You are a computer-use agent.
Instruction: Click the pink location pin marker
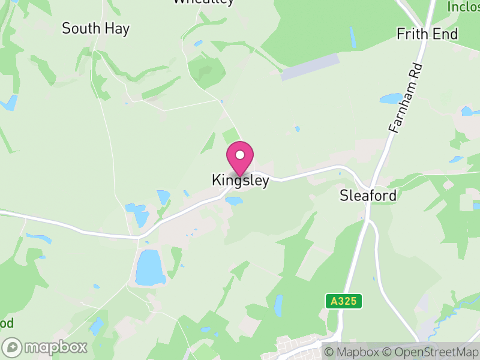point(240,158)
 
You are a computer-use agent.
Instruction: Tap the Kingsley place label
point(240,180)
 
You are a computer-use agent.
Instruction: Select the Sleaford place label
point(368,195)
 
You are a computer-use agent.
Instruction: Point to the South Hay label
point(96,28)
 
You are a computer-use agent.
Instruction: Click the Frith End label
point(427,34)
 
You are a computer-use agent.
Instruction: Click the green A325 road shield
point(345,301)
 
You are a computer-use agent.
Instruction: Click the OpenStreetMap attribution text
point(431,352)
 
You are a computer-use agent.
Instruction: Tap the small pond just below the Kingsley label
point(233,201)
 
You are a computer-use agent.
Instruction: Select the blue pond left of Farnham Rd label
point(391,98)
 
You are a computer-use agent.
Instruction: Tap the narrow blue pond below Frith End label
point(352,37)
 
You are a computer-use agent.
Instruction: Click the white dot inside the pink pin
point(240,155)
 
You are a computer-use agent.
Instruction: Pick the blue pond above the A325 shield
point(278,305)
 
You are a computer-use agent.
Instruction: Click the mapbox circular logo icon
point(12,347)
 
